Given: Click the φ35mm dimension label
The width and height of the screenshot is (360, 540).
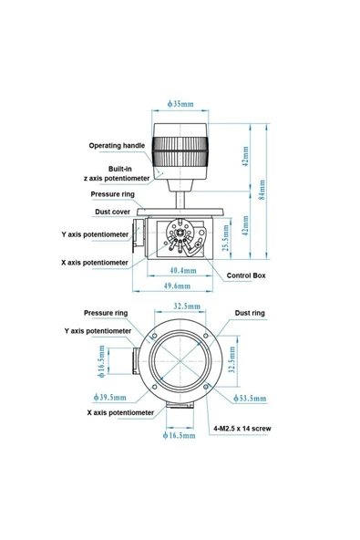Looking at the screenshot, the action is pyautogui.click(x=180, y=104).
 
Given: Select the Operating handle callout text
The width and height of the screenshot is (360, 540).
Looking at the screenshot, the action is pyautogui.click(x=117, y=146).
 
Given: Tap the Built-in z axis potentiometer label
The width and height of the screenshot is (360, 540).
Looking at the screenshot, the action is pyautogui.click(x=117, y=173).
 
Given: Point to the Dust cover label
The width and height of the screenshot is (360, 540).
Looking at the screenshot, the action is pyautogui.click(x=112, y=212).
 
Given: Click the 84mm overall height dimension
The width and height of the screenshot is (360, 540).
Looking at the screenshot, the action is pyautogui.click(x=262, y=190).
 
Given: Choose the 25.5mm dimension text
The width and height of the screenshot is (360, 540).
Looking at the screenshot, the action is pyautogui.click(x=226, y=238).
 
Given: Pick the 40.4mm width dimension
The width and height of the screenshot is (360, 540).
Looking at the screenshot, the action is pyautogui.click(x=183, y=270).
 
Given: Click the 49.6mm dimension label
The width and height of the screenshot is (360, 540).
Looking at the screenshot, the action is pyautogui.click(x=177, y=286).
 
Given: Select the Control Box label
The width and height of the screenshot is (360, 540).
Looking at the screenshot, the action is pyautogui.click(x=246, y=275).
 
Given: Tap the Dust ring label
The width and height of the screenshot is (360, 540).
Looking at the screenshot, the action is pyautogui.click(x=250, y=313).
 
